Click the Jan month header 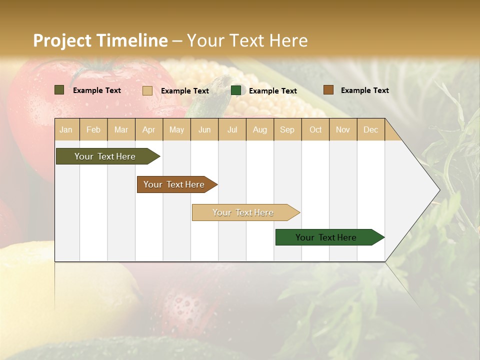[x=66, y=129]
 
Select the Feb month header [x=93, y=129]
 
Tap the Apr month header [x=148, y=129]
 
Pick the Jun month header [x=204, y=129]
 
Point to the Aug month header [x=259, y=129]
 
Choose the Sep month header [x=287, y=129]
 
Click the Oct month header [x=315, y=129]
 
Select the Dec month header [x=370, y=129]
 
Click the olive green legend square [x=59, y=90]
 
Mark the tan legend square [x=147, y=90]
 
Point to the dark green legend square [x=236, y=90]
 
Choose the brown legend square [x=328, y=90]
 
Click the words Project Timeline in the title [x=100, y=40]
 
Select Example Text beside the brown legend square [x=364, y=90]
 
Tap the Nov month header [x=343, y=129]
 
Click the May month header [x=176, y=129]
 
